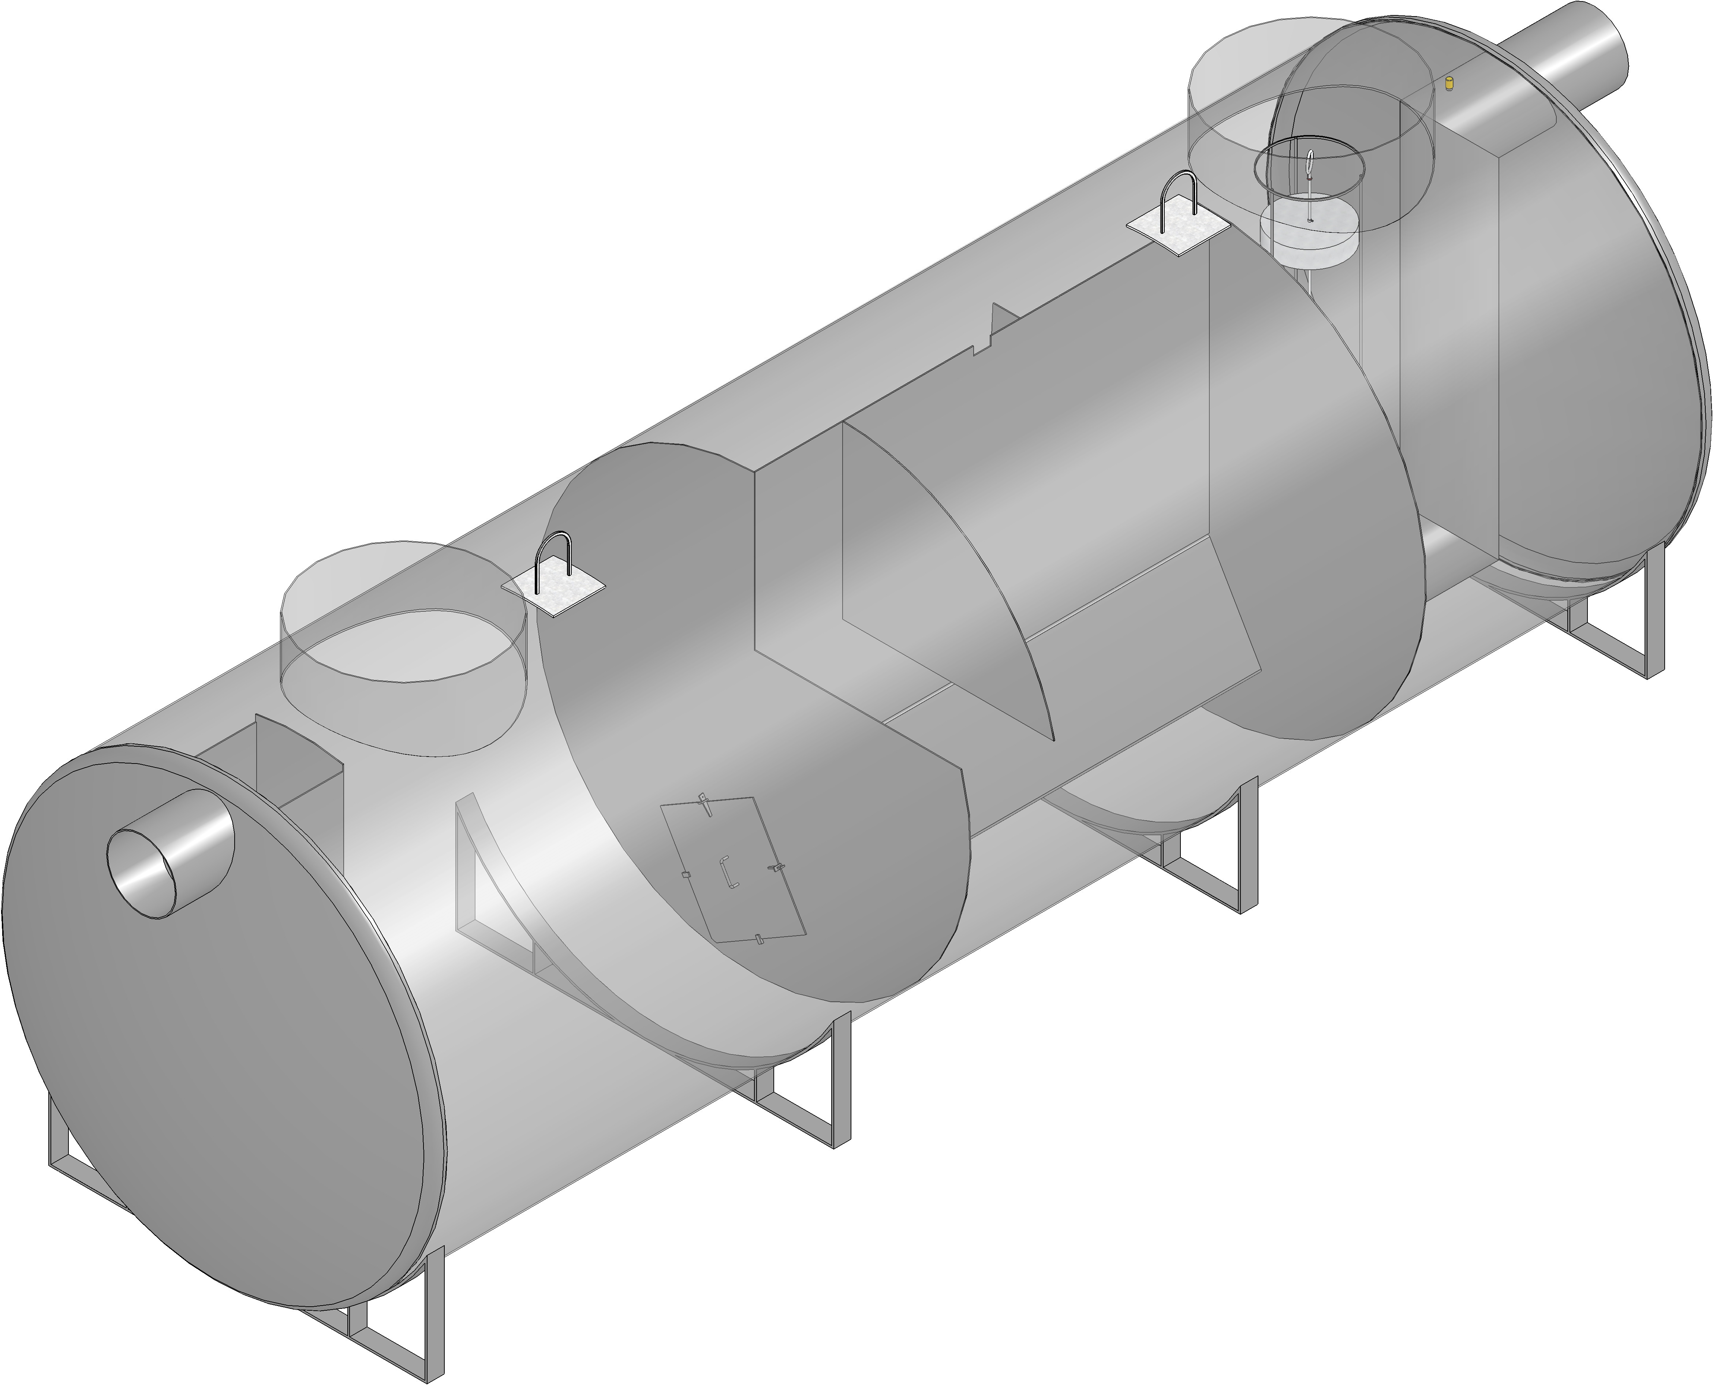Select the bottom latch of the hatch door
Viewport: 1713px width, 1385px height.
tap(758, 938)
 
